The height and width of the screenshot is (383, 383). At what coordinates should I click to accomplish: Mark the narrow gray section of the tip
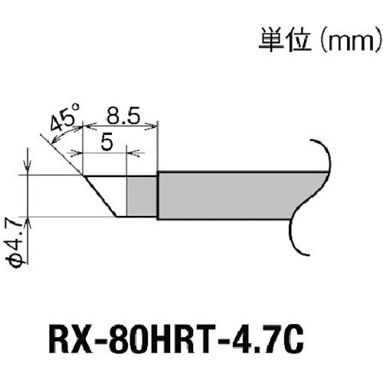(x=142, y=195)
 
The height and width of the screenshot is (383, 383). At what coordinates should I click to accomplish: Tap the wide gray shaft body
(x=230, y=195)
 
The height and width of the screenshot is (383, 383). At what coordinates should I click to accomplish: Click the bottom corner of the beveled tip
(x=116, y=216)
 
